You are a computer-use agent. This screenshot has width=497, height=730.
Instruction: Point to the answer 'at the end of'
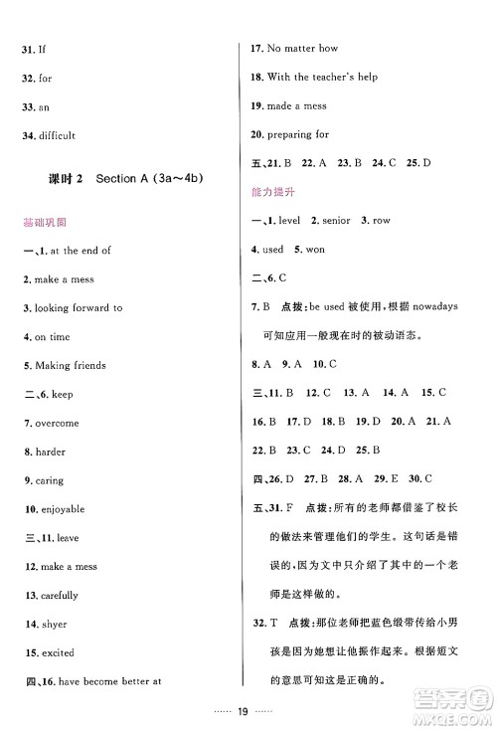[x=77, y=251]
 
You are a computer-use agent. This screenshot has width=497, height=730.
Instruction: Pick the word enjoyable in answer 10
[x=64, y=509]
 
